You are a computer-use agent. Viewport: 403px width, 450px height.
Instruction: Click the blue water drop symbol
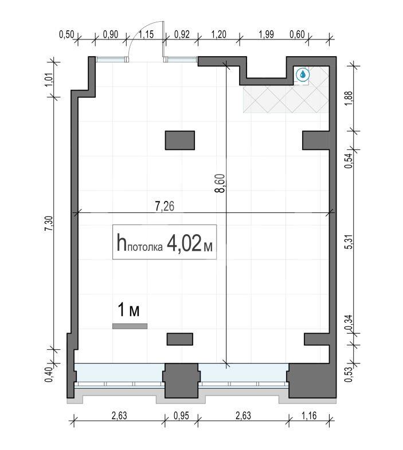pyautogui.click(x=303, y=74)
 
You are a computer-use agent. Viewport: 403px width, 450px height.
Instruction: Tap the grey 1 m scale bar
pyautogui.click(x=130, y=326)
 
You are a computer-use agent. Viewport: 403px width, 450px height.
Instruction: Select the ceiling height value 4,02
pyautogui.click(x=183, y=243)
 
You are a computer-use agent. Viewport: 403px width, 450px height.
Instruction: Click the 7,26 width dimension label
pyautogui.click(x=165, y=206)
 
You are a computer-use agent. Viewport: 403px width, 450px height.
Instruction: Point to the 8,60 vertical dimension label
pyautogui.click(x=222, y=183)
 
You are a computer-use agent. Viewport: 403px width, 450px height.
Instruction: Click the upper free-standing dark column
pyautogui.click(x=180, y=140)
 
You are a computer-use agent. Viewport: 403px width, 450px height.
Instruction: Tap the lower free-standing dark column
pyautogui.click(x=180, y=339)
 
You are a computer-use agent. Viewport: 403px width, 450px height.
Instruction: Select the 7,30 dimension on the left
pyautogui.click(x=49, y=223)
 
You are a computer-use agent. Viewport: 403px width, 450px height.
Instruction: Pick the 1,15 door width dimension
pyautogui.click(x=146, y=34)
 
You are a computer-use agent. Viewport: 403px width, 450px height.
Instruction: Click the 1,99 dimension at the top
pyautogui.click(x=266, y=34)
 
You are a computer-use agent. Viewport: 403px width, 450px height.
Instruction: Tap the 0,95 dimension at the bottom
pyautogui.click(x=181, y=415)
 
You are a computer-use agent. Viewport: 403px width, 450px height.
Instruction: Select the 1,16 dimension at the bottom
pyautogui.click(x=309, y=415)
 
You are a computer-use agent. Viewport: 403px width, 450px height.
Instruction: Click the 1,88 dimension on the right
pyautogui.click(x=349, y=98)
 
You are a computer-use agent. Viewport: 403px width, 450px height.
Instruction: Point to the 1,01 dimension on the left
pyautogui.click(x=49, y=79)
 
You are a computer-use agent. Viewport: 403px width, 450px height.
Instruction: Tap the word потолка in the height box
pyautogui.click(x=144, y=247)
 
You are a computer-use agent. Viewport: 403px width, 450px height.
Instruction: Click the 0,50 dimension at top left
pyautogui.click(x=66, y=34)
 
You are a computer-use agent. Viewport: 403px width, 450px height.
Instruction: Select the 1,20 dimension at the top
pyautogui.click(x=219, y=34)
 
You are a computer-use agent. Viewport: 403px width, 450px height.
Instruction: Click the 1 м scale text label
pyautogui.click(x=128, y=310)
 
